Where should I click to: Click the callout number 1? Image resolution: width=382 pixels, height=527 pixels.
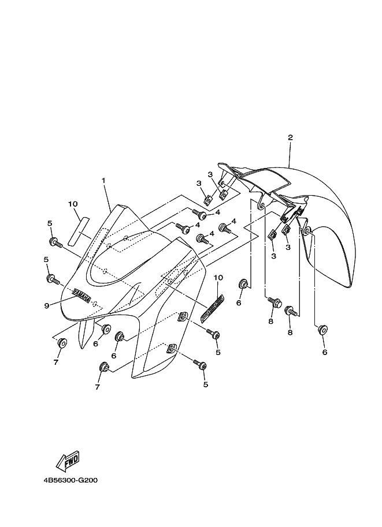click(103, 181)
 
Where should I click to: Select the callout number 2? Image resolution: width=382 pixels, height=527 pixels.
click(290, 138)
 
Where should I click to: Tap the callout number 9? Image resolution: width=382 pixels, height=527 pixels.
click(47, 305)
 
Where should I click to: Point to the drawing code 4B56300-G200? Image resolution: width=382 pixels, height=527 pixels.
click(70, 480)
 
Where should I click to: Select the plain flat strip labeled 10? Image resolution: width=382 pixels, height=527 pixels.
click(78, 229)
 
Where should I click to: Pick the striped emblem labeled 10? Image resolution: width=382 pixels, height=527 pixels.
click(212, 308)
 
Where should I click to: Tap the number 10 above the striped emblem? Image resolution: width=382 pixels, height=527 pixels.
click(217, 278)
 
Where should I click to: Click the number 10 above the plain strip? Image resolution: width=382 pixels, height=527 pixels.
click(73, 204)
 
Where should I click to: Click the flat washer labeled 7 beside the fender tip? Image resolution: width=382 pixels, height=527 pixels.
click(61, 343)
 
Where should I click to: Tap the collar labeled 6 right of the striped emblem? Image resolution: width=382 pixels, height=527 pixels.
click(243, 283)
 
